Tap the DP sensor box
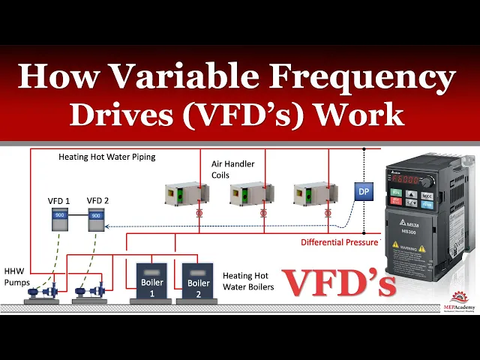364,192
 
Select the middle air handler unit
250,194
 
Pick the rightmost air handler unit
314,194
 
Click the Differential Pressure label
339,242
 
